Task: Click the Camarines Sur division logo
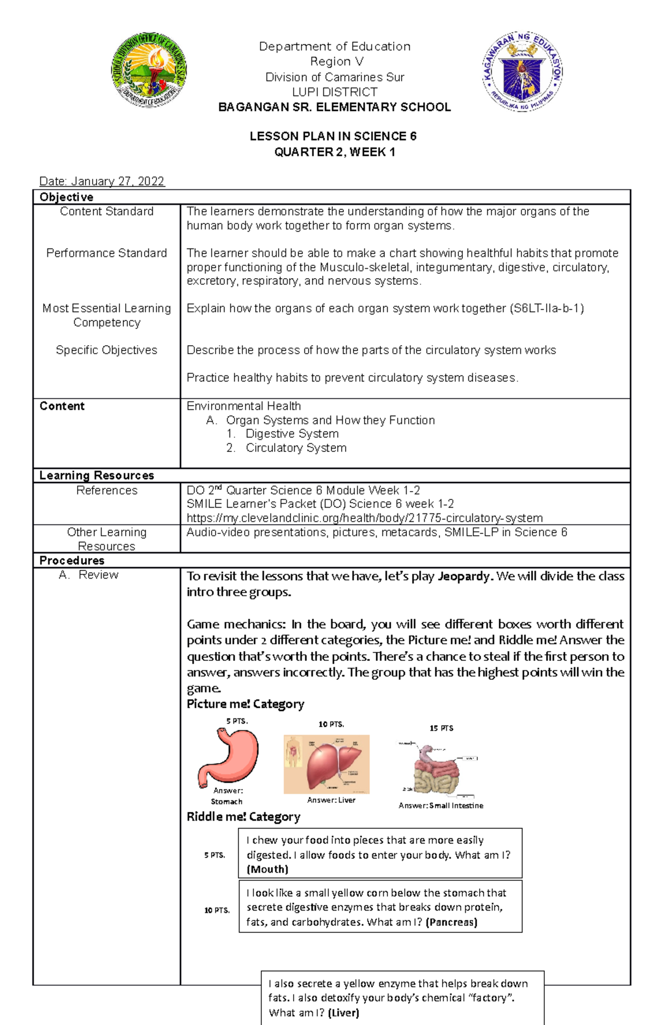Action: (x=149, y=70)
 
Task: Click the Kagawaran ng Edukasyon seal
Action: (x=523, y=71)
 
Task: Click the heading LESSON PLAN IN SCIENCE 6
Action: (x=333, y=136)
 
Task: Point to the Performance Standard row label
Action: (x=107, y=253)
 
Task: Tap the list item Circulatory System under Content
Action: (x=296, y=448)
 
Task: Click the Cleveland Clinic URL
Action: (x=364, y=518)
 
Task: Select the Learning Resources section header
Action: (x=97, y=475)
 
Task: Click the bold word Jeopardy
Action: (x=464, y=576)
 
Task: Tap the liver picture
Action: (x=327, y=764)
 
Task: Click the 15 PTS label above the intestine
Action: (x=441, y=728)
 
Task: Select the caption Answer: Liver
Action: (x=331, y=800)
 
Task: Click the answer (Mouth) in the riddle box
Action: (x=267, y=869)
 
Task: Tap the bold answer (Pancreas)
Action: (x=451, y=922)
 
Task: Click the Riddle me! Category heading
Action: (x=243, y=817)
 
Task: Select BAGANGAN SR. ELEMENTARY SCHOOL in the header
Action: (x=334, y=107)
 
